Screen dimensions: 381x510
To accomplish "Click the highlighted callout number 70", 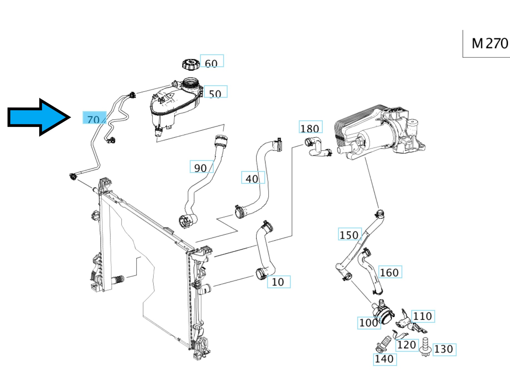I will coord(94,118).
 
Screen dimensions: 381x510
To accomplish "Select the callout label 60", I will coord(212,61).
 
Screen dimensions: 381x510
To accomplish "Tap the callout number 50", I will coord(215,92).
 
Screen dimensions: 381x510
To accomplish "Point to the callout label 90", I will coord(201,167).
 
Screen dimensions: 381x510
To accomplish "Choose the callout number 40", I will coord(253,177).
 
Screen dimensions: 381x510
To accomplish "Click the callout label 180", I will coord(310,127).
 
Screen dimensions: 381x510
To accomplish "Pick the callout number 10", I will coord(279,282).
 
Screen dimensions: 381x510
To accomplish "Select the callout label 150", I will coord(349,234).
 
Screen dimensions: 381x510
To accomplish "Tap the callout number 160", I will coord(390,272).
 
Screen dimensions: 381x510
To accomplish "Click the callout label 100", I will coord(369,323).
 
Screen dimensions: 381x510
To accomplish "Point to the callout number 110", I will coord(423,316).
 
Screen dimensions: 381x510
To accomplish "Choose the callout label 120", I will coord(407,345).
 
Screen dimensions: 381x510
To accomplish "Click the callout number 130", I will coord(444,349).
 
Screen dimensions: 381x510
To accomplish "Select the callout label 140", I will coord(385,359).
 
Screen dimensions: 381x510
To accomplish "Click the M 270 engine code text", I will coord(490,43).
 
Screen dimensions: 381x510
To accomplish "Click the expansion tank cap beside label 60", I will coord(191,65).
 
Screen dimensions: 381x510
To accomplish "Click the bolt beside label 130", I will coord(425,347).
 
